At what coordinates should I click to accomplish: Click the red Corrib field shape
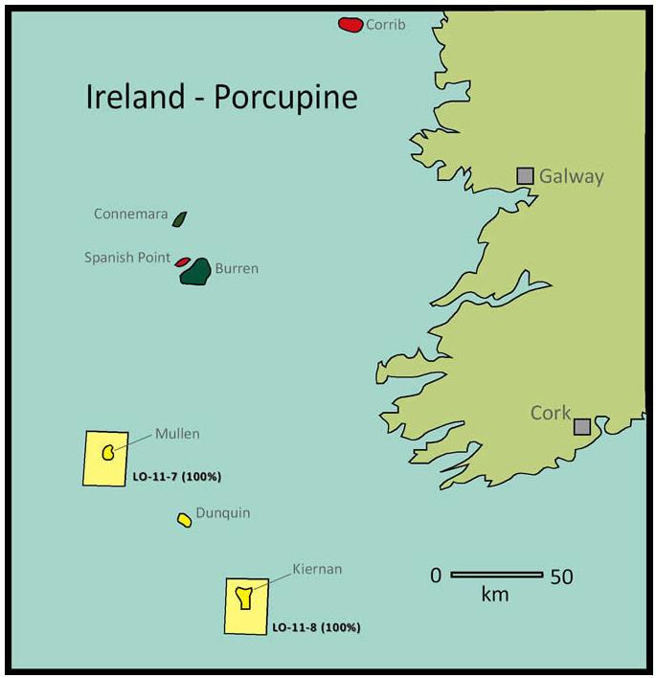pyautogui.click(x=351, y=24)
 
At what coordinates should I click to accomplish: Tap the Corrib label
pyautogui.click(x=386, y=25)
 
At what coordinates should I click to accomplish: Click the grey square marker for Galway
pyautogui.click(x=525, y=175)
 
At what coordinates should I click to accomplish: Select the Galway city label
pyautogui.click(x=572, y=176)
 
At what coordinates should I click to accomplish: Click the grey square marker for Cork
pyautogui.click(x=582, y=426)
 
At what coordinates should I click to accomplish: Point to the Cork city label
pyautogui.click(x=551, y=413)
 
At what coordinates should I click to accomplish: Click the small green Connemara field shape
pyautogui.click(x=179, y=219)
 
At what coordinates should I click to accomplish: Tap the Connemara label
pyautogui.click(x=131, y=215)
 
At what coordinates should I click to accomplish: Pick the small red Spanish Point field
pyautogui.click(x=182, y=261)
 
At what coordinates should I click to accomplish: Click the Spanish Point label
pyautogui.click(x=127, y=258)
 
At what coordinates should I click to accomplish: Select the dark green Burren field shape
pyautogui.click(x=196, y=272)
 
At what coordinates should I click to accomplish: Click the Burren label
pyautogui.click(x=237, y=269)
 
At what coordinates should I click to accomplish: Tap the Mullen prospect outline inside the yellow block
pyautogui.click(x=108, y=451)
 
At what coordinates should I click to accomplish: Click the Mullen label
pyautogui.click(x=178, y=434)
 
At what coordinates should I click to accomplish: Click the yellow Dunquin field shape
pyautogui.click(x=184, y=520)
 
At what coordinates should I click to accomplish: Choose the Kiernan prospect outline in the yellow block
pyautogui.click(x=245, y=598)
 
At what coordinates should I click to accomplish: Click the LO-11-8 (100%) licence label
pyautogui.click(x=316, y=628)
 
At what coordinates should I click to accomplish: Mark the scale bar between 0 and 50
pyautogui.click(x=496, y=575)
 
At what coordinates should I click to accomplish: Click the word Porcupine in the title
pyautogui.click(x=285, y=97)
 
